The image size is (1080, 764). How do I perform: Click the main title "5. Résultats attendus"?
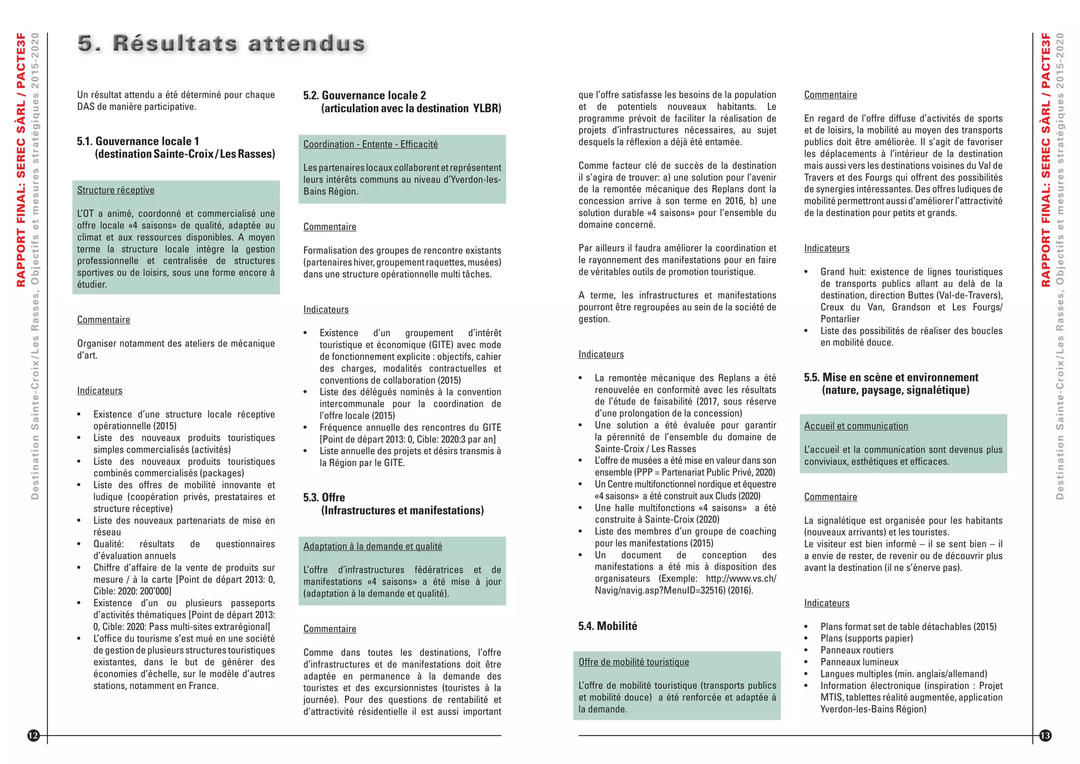(x=221, y=43)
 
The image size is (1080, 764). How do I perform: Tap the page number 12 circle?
(x=33, y=736)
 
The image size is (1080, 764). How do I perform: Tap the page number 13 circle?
(x=1045, y=736)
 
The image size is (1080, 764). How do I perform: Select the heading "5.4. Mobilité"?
(x=607, y=626)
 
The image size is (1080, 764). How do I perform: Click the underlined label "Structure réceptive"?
(x=115, y=190)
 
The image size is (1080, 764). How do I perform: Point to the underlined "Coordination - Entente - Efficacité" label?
(x=370, y=145)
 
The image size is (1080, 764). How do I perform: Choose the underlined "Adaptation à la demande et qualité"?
(x=372, y=547)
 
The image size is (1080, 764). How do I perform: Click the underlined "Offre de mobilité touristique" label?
(x=633, y=662)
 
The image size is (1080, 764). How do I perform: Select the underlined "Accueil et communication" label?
(x=856, y=426)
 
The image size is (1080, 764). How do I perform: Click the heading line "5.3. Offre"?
(x=324, y=498)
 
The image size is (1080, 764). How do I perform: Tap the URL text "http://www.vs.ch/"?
(x=740, y=579)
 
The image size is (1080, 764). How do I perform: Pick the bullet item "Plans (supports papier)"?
(x=866, y=638)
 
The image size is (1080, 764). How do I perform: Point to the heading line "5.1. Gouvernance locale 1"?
(x=138, y=141)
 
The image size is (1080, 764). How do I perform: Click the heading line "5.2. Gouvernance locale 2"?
(x=364, y=96)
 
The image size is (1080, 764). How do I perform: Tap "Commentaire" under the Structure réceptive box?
(x=103, y=320)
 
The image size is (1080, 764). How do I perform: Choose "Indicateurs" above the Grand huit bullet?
(x=826, y=249)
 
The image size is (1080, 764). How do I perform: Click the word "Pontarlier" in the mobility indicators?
(x=840, y=319)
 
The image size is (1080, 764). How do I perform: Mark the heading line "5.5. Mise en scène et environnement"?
(x=891, y=378)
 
